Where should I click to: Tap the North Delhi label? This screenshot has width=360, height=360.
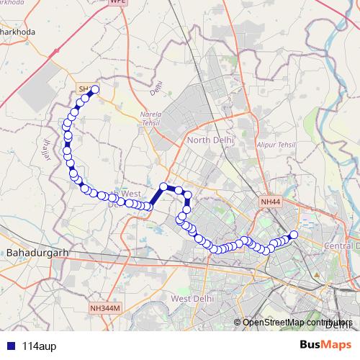210,140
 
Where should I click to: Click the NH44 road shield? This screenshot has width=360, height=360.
270,202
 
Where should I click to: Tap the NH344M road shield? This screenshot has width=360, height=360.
107,308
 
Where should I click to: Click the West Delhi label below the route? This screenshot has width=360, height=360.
191,298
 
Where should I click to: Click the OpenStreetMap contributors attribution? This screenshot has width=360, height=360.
296,322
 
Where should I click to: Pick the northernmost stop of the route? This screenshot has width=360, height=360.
94,89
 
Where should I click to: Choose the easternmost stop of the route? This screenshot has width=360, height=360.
293,235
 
